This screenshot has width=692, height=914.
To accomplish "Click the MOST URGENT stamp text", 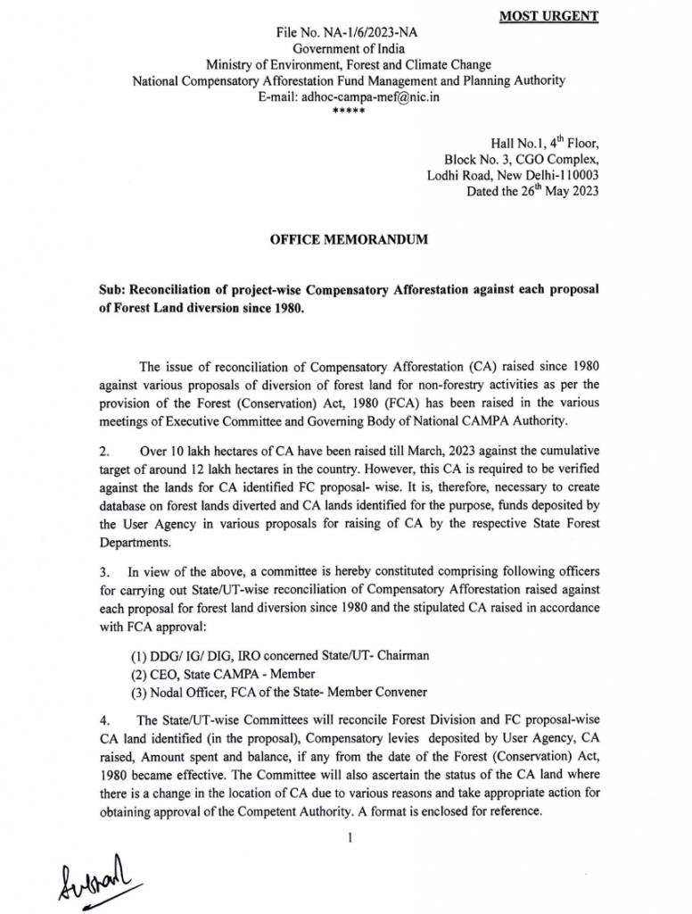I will (561, 16).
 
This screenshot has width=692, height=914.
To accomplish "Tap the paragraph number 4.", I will (105, 719).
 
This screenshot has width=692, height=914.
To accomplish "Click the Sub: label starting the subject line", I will (113, 292).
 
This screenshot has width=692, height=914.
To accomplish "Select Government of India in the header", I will (347, 49).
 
